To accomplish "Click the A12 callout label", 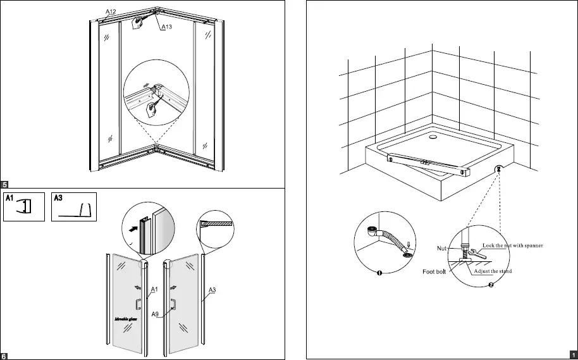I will (x=111, y=13).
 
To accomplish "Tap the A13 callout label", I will (x=168, y=27).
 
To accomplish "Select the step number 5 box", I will (x=4, y=184).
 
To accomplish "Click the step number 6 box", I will (x=4, y=356).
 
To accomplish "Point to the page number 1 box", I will (x=573, y=355).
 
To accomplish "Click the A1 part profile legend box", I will (x=25, y=207).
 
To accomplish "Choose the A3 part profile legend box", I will (x=74, y=207).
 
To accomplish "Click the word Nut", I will (x=444, y=249).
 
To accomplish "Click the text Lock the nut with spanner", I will (x=513, y=244).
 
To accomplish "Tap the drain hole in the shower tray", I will (x=433, y=134).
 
